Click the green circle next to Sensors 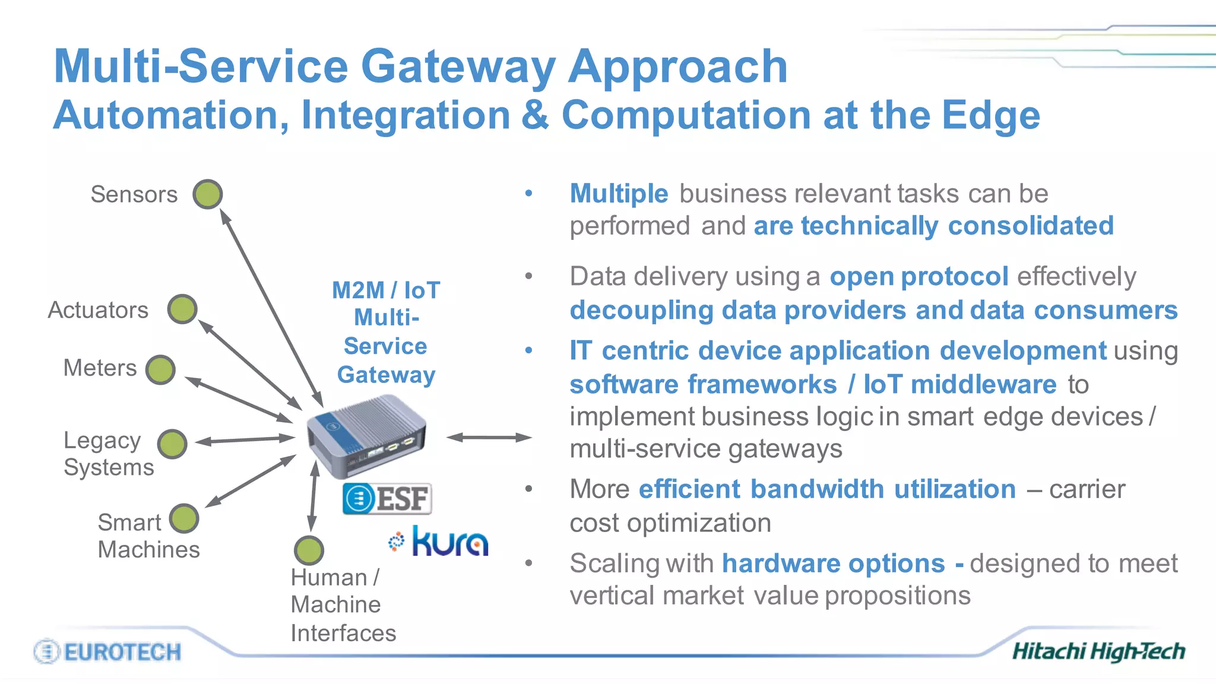pos(208,194)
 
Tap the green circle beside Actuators pos(182,309)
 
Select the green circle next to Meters pos(160,370)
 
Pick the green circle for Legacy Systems pos(173,444)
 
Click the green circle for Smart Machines pos(184,518)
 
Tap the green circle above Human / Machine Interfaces pos(309,550)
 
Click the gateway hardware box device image pos(366,440)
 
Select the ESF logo pos(387,498)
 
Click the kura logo pos(439,541)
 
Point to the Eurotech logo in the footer pos(108,652)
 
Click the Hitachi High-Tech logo pos(1098,651)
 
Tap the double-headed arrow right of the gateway pos(489,438)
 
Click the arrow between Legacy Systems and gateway pos(245,440)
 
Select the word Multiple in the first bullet pos(619,194)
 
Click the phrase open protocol pos(919,277)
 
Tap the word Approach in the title pos(677,66)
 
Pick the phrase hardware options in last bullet pos(833,563)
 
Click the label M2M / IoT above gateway pos(386,290)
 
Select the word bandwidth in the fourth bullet pos(817,489)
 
